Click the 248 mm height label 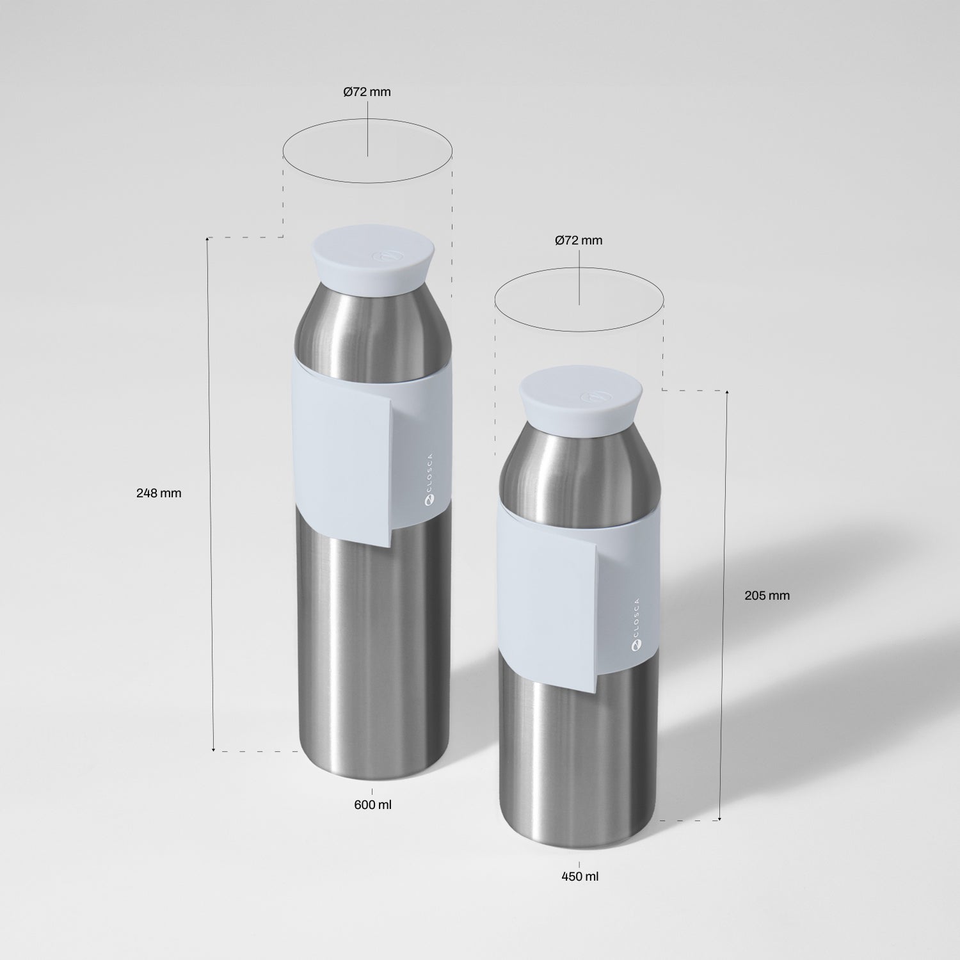click(x=159, y=493)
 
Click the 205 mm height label click(x=767, y=595)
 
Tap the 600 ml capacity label click(x=372, y=804)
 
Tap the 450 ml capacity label click(x=580, y=876)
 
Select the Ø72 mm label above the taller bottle click(x=367, y=92)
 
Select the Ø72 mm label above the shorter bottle click(x=579, y=241)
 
